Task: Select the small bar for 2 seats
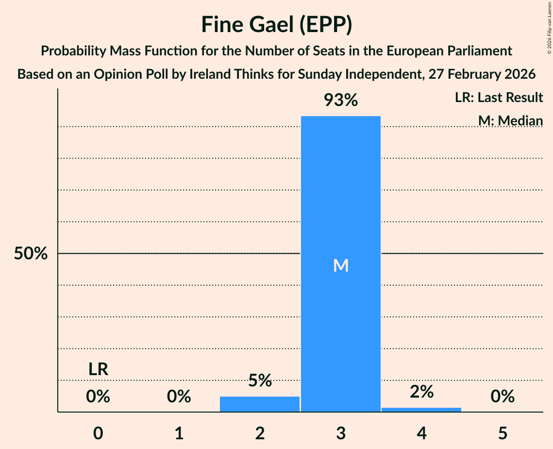pyautogui.click(x=260, y=404)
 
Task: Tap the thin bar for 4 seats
pyautogui.click(x=421, y=410)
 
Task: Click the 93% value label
pyautogui.click(x=341, y=101)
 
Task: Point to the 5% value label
pyautogui.click(x=260, y=380)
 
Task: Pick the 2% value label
pyautogui.click(x=421, y=392)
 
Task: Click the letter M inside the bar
pyautogui.click(x=341, y=265)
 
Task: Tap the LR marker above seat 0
pyautogui.click(x=98, y=369)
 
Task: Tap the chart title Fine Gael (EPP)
pyautogui.click(x=276, y=25)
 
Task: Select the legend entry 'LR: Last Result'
pyautogui.click(x=499, y=98)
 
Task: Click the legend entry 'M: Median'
pyautogui.click(x=510, y=120)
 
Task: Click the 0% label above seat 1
pyautogui.click(x=179, y=397)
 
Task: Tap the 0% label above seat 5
pyautogui.click(x=503, y=397)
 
